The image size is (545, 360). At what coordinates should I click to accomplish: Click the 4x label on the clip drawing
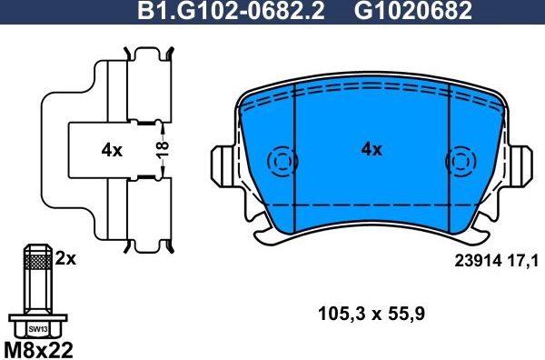pos(111,151)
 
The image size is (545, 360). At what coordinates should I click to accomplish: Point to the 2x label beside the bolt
pos(65,258)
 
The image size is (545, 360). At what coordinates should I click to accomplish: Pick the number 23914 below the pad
pos(475,261)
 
